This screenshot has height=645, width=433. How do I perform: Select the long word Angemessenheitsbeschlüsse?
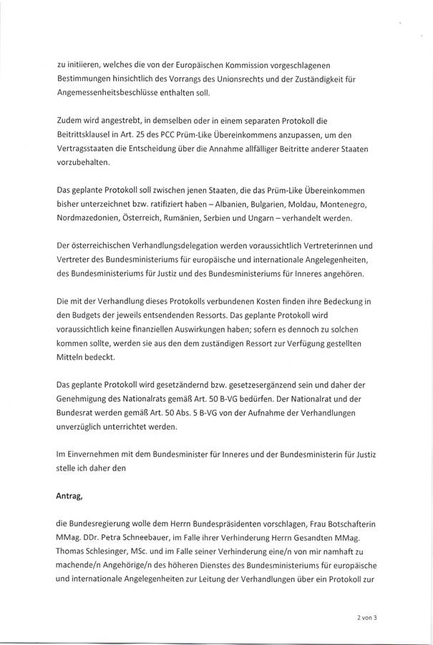(109, 93)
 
